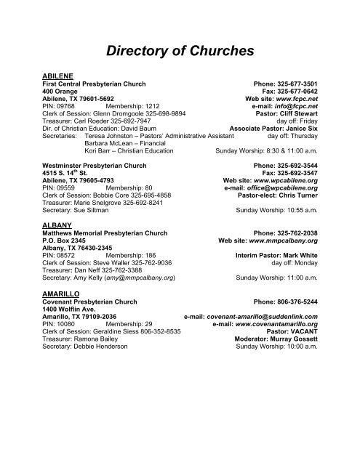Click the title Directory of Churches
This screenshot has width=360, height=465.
[180, 51]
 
